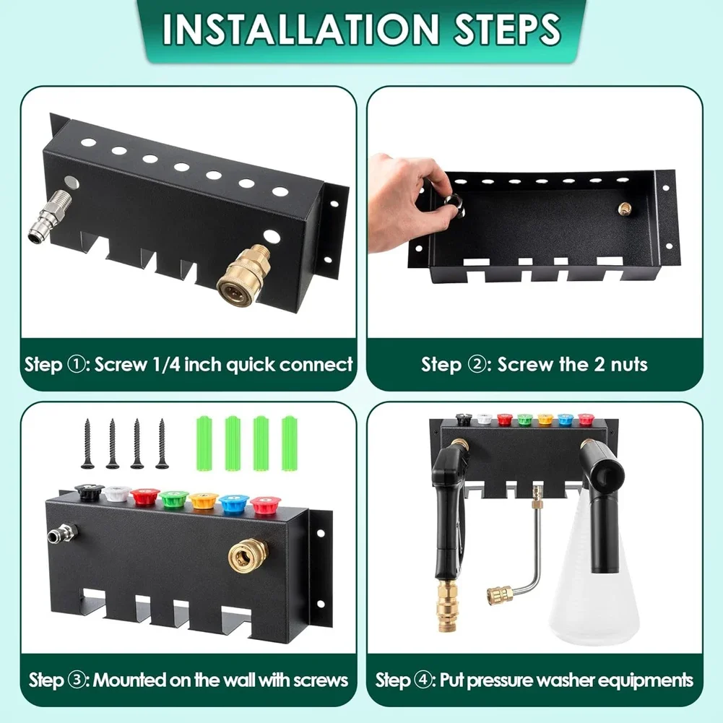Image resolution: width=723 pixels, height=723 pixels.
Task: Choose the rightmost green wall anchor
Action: (x=290, y=443)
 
